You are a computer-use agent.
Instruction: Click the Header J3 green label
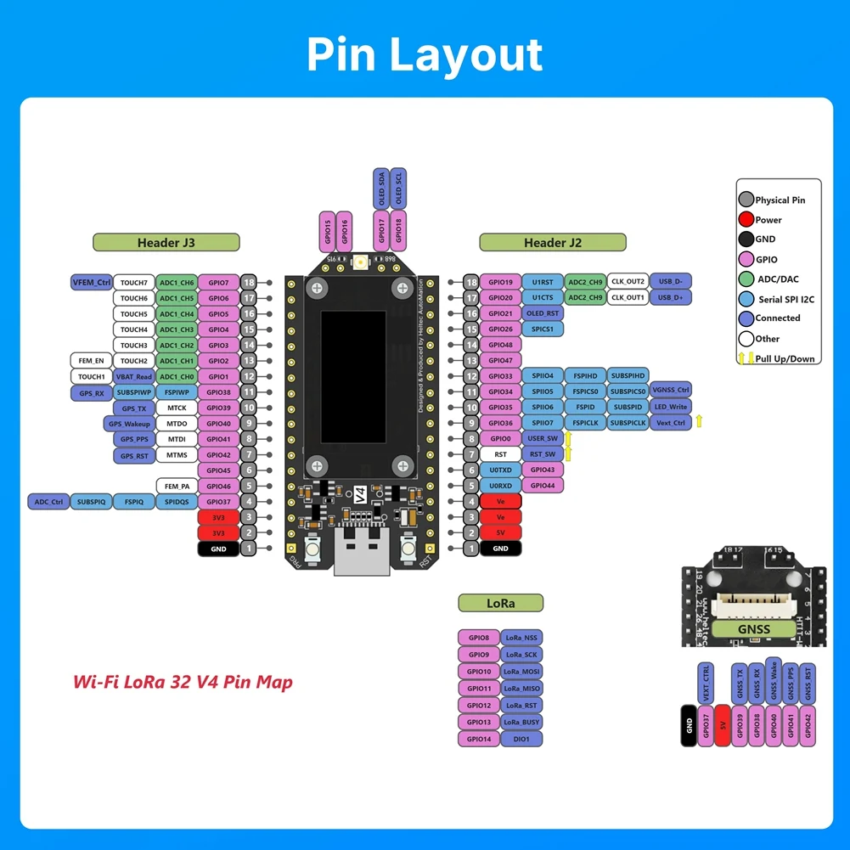pyautogui.click(x=166, y=243)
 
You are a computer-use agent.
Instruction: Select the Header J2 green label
pyautogui.click(x=552, y=243)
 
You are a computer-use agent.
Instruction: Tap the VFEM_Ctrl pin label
pyautogui.click(x=92, y=282)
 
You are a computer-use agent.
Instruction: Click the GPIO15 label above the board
pyautogui.click(x=328, y=232)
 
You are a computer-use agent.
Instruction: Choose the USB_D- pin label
pyautogui.click(x=670, y=281)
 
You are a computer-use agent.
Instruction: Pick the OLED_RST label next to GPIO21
pyautogui.click(x=543, y=313)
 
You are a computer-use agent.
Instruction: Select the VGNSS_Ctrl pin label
pyautogui.click(x=670, y=391)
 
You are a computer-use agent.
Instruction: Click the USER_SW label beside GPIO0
pyautogui.click(x=543, y=438)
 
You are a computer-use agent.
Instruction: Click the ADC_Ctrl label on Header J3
pyautogui.click(x=48, y=502)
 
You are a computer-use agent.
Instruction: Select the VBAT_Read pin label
pyautogui.click(x=134, y=376)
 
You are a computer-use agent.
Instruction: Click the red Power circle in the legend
pyautogui.click(x=746, y=220)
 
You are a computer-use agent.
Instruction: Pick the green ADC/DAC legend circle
pyautogui.click(x=746, y=279)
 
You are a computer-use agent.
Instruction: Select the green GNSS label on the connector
pyautogui.click(x=754, y=628)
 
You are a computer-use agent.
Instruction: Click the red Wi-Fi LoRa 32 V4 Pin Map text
pyautogui.click(x=183, y=682)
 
